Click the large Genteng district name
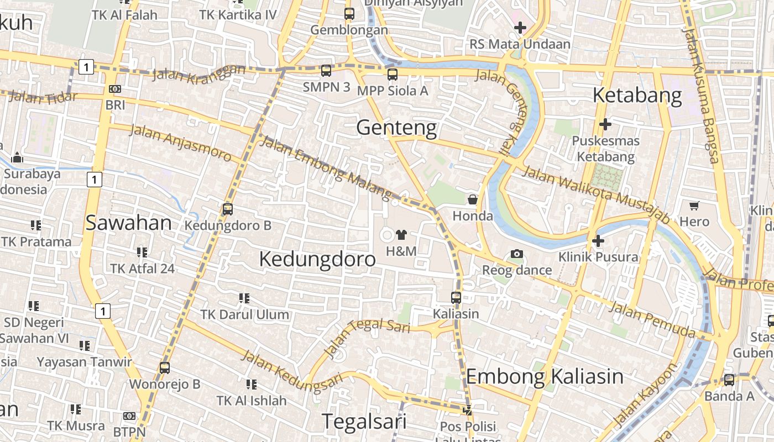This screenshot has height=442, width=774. click(x=396, y=128)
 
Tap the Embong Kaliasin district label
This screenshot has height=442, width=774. click(x=545, y=377)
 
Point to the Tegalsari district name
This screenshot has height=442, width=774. click(x=364, y=421)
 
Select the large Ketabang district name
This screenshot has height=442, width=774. click(x=637, y=95)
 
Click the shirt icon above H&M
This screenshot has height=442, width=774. click(x=401, y=235)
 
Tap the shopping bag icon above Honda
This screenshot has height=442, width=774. click(x=473, y=199)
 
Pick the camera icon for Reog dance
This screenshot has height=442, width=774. click(x=517, y=254)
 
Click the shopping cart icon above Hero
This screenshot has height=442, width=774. click(x=694, y=206)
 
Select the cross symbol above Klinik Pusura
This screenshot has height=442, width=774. click(x=598, y=241)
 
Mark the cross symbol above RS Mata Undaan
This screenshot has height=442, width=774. click(x=520, y=28)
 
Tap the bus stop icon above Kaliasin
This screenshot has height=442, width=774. click(x=456, y=297)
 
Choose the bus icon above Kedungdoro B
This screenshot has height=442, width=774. click(x=227, y=209)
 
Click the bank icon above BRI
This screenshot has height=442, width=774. click(x=115, y=88)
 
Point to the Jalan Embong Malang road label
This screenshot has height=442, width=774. click(x=326, y=167)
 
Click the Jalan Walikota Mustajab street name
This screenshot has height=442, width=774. click(x=596, y=194)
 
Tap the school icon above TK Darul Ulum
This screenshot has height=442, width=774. click(x=244, y=298)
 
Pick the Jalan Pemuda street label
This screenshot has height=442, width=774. click(x=652, y=319)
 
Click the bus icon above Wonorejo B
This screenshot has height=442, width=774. click(x=164, y=367)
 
